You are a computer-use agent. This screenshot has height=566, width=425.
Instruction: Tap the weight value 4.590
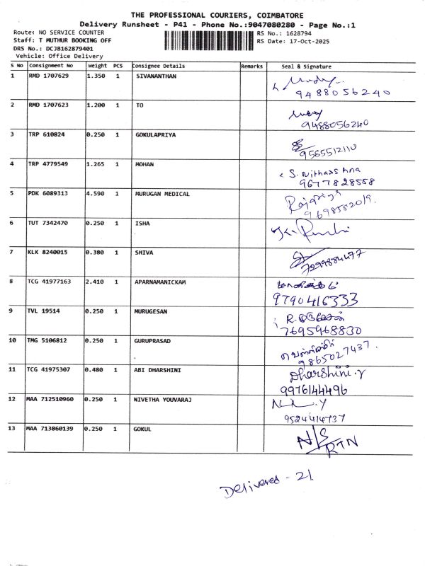click(95, 192)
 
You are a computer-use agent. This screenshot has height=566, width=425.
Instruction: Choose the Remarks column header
click(252, 65)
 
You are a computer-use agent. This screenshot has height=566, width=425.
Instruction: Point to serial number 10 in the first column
click(13, 340)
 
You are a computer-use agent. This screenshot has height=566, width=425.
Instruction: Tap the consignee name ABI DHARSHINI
click(159, 369)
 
